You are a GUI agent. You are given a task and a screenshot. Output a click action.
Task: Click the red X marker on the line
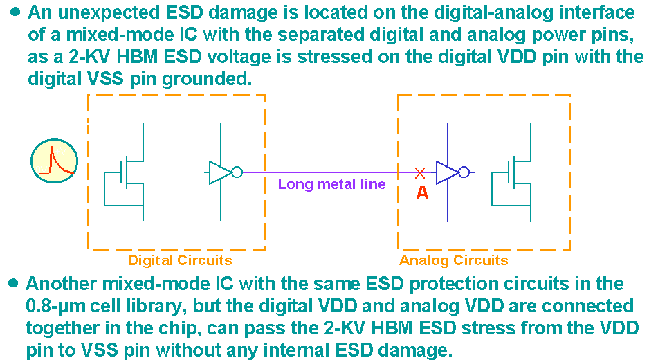pyautogui.click(x=419, y=172)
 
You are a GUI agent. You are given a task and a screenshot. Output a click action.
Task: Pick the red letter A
pyautogui.click(x=422, y=193)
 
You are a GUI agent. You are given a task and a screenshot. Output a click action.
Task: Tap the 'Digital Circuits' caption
pyautogui.click(x=180, y=260)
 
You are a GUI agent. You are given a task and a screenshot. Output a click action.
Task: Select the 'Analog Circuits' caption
pyautogui.click(x=454, y=260)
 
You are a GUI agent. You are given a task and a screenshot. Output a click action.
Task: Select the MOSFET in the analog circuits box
pyautogui.click(x=516, y=173)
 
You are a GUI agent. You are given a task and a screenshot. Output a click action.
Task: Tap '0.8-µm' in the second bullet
pyautogui.click(x=55, y=305)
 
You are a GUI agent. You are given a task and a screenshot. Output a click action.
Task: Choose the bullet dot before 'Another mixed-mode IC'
pyautogui.click(x=13, y=283)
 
